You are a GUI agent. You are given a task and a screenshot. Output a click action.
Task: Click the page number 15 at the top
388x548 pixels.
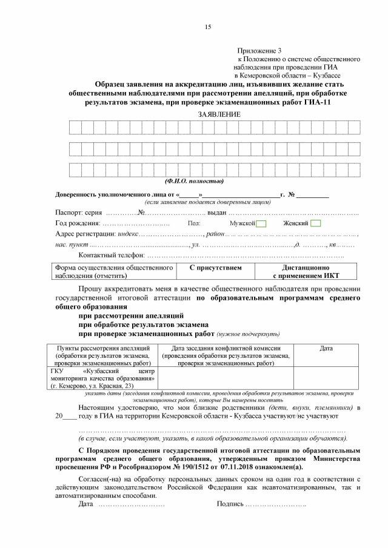click(x=207, y=26)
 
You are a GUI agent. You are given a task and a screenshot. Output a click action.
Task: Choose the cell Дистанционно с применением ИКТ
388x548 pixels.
click(x=306, y=271)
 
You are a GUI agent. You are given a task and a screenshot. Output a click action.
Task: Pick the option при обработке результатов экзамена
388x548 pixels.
click(x=143, y=325)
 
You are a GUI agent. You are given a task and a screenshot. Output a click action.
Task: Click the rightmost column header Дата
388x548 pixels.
click(x=326, y=348)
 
